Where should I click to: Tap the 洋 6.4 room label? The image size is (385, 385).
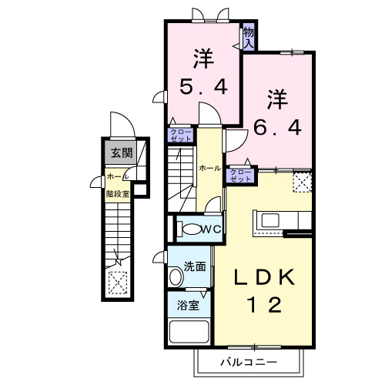[x=279, y=112]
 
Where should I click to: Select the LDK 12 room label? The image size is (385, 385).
[x=263, y=289]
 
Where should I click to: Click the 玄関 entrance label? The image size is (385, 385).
[x=119, y=152]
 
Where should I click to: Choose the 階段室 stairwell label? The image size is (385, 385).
[x=117, y=194]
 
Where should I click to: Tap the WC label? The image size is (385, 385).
[x=212, y=229]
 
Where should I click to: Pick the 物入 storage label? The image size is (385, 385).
[x=249, y=37]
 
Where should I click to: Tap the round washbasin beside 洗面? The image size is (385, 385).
[x=173, y=275]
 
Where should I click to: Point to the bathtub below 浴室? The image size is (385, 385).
[x=189, y=333]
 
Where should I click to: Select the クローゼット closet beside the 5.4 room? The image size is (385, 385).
[x=182, y=136]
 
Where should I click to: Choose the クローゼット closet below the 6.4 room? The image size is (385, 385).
[x=241, y=175]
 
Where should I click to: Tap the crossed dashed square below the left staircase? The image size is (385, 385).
[x=117, y=283]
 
